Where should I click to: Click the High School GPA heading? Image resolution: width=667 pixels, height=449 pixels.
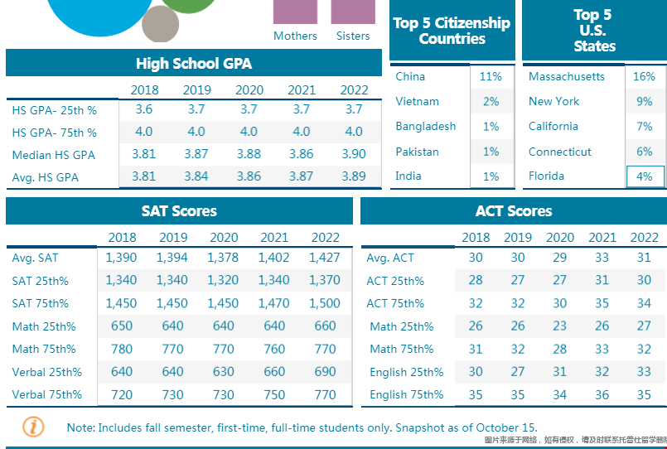(194, 64)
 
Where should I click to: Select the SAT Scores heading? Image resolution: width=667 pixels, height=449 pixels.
(179, 211)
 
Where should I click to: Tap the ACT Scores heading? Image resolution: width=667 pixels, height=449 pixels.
(513, 211)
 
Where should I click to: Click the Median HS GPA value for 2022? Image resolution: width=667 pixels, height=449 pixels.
(354, 154)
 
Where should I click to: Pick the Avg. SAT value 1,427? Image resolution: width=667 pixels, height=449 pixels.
(325, 258)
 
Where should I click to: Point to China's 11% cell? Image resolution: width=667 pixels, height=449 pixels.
(491, 76)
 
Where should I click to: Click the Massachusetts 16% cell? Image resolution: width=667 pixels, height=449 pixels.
(644, 76)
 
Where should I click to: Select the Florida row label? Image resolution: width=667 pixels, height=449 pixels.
(546, 176)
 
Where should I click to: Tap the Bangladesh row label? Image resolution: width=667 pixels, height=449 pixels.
(425, 126)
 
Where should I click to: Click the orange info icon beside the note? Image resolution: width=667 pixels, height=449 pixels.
(32, 427)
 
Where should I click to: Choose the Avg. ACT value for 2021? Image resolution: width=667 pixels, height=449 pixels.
(602, 258)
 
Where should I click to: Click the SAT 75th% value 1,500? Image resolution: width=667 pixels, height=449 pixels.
(325, 303)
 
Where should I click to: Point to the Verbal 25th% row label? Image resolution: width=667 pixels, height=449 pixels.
(46, 372)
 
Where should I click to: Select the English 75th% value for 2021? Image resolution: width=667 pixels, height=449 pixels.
(602, 394)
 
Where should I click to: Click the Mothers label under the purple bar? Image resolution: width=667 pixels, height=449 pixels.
(295, 36)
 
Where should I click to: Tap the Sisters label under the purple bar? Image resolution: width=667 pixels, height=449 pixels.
(353, 36)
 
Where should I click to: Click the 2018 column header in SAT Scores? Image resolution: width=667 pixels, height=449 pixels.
(122, 237)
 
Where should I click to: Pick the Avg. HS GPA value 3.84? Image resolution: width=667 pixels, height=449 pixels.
(196, 176)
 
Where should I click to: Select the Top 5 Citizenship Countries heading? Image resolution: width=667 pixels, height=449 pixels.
(452, 31)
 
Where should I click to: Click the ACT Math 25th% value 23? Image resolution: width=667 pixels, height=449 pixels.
(560, 326)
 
